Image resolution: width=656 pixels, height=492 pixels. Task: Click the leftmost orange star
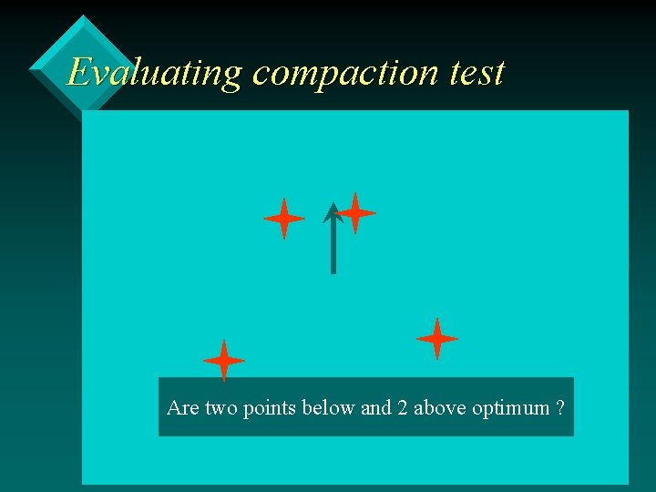coord(223,360)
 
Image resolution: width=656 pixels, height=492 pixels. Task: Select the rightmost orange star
coord(436,339)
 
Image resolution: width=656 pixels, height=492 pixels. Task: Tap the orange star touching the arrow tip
coord(355,213)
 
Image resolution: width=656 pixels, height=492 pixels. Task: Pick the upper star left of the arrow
coord(283,219)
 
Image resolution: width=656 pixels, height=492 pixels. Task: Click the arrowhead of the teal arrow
coord(333,212)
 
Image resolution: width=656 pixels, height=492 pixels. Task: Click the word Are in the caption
coord(182,407)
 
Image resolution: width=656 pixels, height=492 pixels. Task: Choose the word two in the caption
coord(221,407)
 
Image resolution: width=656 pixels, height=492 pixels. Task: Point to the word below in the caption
coord(330,407)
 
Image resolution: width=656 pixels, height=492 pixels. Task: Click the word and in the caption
coord(376,407)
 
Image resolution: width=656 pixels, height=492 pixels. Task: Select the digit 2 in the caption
coord(403,407)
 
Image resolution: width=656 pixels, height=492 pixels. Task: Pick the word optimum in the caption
coord(511,408)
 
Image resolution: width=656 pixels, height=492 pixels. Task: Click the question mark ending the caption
coord(559,407)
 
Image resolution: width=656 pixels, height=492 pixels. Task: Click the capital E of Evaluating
coord(80,72)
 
